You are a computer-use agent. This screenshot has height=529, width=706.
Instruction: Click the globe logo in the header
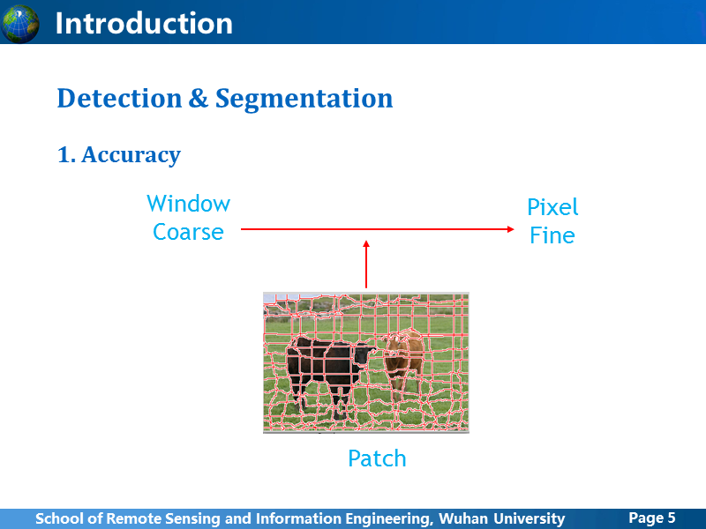[20, 24]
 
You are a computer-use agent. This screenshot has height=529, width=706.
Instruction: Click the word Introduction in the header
[144, 24]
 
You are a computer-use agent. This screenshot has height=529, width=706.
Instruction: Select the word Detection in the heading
[119, 99]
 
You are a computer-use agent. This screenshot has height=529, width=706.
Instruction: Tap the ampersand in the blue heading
[199, 98]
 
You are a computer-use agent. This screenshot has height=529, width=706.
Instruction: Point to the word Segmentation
[304, 100]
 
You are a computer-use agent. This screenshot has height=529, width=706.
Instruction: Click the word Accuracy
[131, 156]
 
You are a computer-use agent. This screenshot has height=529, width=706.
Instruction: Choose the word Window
[188, 204]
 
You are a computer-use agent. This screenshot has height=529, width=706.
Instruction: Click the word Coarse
[188, 232]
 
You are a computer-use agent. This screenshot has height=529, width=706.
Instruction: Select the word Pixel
[552, 207]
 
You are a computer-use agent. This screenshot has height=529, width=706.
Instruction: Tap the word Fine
[552, 235]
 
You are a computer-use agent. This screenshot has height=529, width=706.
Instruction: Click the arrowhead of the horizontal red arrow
[511, 229]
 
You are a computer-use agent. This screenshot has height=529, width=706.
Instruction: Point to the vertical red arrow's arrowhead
[366, 244]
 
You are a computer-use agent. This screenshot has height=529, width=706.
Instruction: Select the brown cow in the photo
[403, 363]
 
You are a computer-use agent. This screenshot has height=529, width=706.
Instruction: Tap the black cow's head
[364, 354]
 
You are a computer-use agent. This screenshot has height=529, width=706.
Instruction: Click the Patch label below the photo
[378, 458]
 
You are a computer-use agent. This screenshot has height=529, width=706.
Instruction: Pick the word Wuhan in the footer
[462, 518]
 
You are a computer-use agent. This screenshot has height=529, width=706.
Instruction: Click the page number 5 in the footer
[672, 518]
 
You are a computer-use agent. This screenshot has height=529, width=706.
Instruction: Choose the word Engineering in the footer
[387, 519]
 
